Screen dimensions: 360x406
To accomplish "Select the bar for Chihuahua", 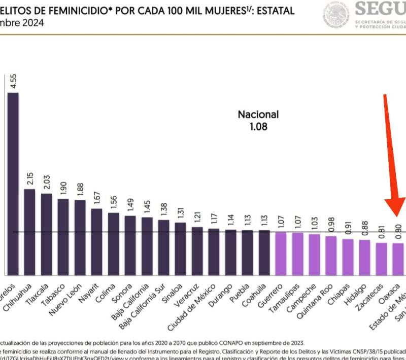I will pos(29,231).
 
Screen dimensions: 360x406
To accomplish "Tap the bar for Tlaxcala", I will pos(46,233).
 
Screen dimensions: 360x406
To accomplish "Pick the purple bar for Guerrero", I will pos(280,253).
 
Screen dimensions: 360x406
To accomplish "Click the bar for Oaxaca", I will pos(398,259).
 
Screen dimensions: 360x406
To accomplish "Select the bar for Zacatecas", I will pos(381,258).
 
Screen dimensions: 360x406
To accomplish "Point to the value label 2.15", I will pos(30,178).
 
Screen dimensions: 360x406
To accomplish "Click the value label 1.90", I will pos(63,188).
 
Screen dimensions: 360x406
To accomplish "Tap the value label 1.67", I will pos(97,198).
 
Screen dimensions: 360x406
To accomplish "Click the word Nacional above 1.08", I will pos(258,115).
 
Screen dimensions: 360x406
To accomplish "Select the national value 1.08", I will pos(258,126).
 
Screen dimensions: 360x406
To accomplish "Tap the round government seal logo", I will pos(335,14).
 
